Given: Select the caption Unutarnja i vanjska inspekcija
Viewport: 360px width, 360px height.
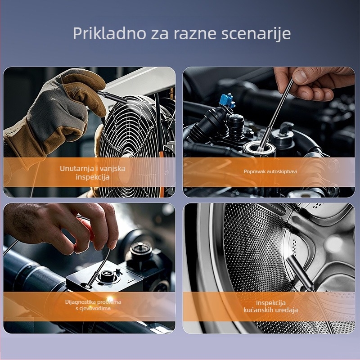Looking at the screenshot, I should pos(93,172).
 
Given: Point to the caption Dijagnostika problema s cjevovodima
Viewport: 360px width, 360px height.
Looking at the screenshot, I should pos(93,305).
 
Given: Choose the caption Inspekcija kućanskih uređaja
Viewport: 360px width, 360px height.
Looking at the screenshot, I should pos(270,306).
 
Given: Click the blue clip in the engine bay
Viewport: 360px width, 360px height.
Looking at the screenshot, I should pos(227,100).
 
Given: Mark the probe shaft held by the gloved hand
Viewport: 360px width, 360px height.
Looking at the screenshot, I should pos(108,94).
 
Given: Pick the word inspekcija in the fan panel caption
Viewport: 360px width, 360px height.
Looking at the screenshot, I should pos(93,177).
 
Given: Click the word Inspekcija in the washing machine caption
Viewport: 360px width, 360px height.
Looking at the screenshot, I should pos(270,302).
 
